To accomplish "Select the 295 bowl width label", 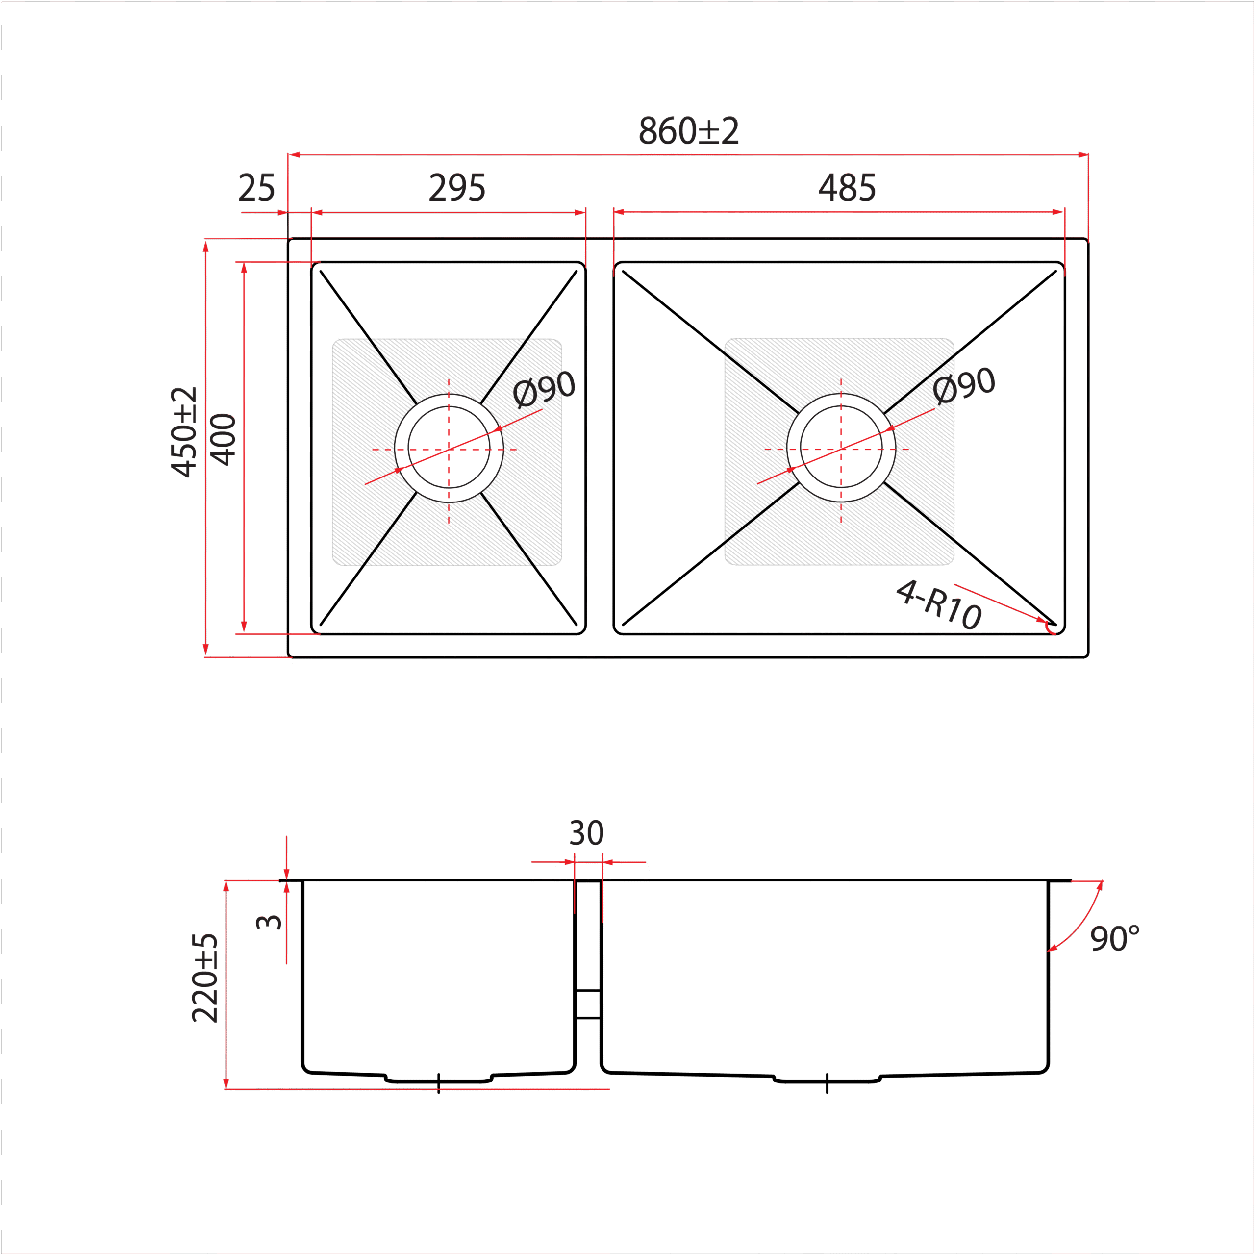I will pos(457,188).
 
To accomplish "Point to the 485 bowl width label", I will pos(847,188).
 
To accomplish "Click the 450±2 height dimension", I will pos(184,432).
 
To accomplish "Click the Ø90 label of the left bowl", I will pos(544,388).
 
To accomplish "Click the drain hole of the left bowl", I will pos(449,448).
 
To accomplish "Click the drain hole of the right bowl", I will pos(841,448).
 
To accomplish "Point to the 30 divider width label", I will pos(587,833).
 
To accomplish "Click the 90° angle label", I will pos(1115,939).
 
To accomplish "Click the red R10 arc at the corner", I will pos(1049,627).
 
